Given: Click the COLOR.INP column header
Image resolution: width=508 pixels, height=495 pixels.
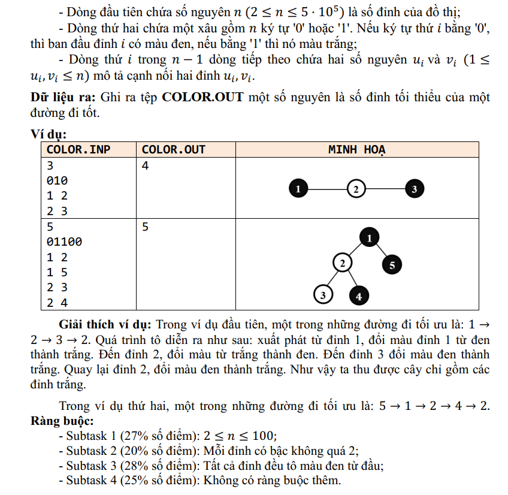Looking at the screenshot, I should click(x=78, y=150).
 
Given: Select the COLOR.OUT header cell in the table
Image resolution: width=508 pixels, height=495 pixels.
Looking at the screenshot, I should click(x=174, y=150).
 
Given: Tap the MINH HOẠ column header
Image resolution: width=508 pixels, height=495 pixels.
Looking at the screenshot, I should click(x=357, y=150).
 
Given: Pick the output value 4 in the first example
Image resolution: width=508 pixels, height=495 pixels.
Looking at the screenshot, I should click(x=146, y=165).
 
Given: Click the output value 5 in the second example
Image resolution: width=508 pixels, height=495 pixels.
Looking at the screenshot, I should click(x=146, y=227).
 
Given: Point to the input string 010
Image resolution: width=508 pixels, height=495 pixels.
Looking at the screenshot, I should click(x=58, y=180).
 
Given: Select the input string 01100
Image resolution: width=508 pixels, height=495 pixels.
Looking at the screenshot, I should click(x=65, y=242).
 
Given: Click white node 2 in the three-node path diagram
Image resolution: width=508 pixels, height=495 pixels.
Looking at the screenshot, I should click(x=356, y=189).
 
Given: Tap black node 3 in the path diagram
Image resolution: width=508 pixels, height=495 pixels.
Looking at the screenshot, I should click(x=415, y=189).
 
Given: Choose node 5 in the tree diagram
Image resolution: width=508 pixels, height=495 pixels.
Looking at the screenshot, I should click(x=392, y=265).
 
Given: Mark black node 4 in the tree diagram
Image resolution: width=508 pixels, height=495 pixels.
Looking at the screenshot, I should click(x=358, y=295).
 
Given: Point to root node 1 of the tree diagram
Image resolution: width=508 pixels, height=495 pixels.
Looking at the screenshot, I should click(x=369, y=238).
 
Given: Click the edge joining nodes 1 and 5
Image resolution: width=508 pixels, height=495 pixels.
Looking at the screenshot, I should click(x=380, y=251).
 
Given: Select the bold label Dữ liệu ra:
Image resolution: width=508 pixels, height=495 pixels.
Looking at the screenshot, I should click(x=64, y=97).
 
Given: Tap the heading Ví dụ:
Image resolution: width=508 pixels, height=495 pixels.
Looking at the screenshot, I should click(x=49, y=135).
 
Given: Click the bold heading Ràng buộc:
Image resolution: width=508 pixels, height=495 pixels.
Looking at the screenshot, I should click(x=62, y=421).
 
